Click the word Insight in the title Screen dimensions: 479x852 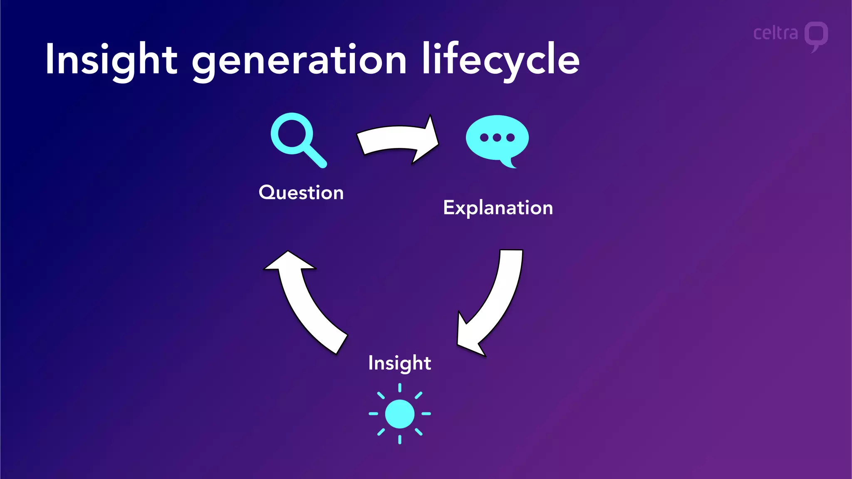[111, 59]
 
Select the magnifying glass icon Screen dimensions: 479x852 [295, 135]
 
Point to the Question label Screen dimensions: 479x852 [301, 193]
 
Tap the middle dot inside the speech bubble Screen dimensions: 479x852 [497, 138]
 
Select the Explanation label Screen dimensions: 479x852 [498, 207]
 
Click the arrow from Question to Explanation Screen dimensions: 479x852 [398, 139]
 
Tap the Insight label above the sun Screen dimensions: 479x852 [399, 363]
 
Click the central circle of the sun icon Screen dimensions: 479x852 [400, 414]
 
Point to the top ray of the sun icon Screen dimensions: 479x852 [400, 388]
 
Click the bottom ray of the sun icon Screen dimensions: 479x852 [400, 439]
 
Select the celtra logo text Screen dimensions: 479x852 [775, 33]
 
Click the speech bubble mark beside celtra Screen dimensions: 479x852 [816, 35]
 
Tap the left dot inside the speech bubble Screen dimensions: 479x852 [484, 138]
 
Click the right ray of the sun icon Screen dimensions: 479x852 [426, 414]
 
